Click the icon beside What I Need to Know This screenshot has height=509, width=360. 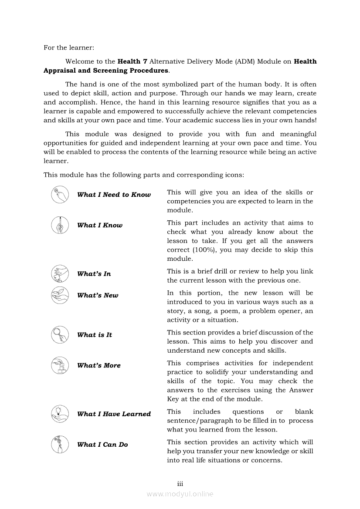click(x=59, y=195)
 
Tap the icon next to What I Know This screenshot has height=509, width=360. click(x=59, y=225)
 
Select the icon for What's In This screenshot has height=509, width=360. click(x=59, y=273)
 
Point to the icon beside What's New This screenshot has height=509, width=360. click(x=59, y=295)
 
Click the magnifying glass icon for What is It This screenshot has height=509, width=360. click(x=59, y=334)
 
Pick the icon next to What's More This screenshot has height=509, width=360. click(x=59, y=365)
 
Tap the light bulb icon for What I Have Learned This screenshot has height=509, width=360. click(x=59, y=414)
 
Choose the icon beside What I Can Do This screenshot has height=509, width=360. click(x=59, y=444)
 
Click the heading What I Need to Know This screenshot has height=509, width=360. click(x=114, y=195)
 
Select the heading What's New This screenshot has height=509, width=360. click(x=98, y=295)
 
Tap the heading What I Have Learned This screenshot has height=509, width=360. click(x=114, y=414)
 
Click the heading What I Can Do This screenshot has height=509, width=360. click(x=102, y=445)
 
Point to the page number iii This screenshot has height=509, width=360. click(x=180, y=484)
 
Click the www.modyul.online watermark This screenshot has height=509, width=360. click(x=180, y=494)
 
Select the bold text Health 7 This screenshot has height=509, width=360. click(x=129, y=62)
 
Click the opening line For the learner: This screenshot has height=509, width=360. click(x=69, y=47)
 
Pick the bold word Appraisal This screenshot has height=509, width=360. click(x=61, y=71)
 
